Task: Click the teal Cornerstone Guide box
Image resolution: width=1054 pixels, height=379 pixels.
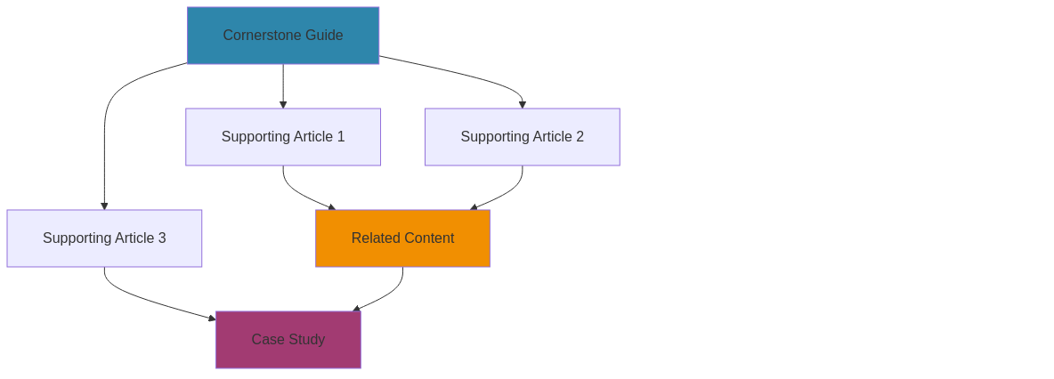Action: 283,36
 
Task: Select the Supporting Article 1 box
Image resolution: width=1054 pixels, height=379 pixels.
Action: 283,137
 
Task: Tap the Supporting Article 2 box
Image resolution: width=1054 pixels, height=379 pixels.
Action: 522,137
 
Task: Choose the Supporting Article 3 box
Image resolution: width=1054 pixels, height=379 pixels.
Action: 104,238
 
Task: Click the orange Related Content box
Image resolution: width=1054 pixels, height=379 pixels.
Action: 402,238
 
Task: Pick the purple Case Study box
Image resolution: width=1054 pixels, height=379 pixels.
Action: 288,340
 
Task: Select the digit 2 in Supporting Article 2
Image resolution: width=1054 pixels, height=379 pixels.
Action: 580,137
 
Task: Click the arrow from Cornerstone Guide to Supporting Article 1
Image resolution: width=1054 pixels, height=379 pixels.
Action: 283,85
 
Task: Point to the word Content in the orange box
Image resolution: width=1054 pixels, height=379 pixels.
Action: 428,238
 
